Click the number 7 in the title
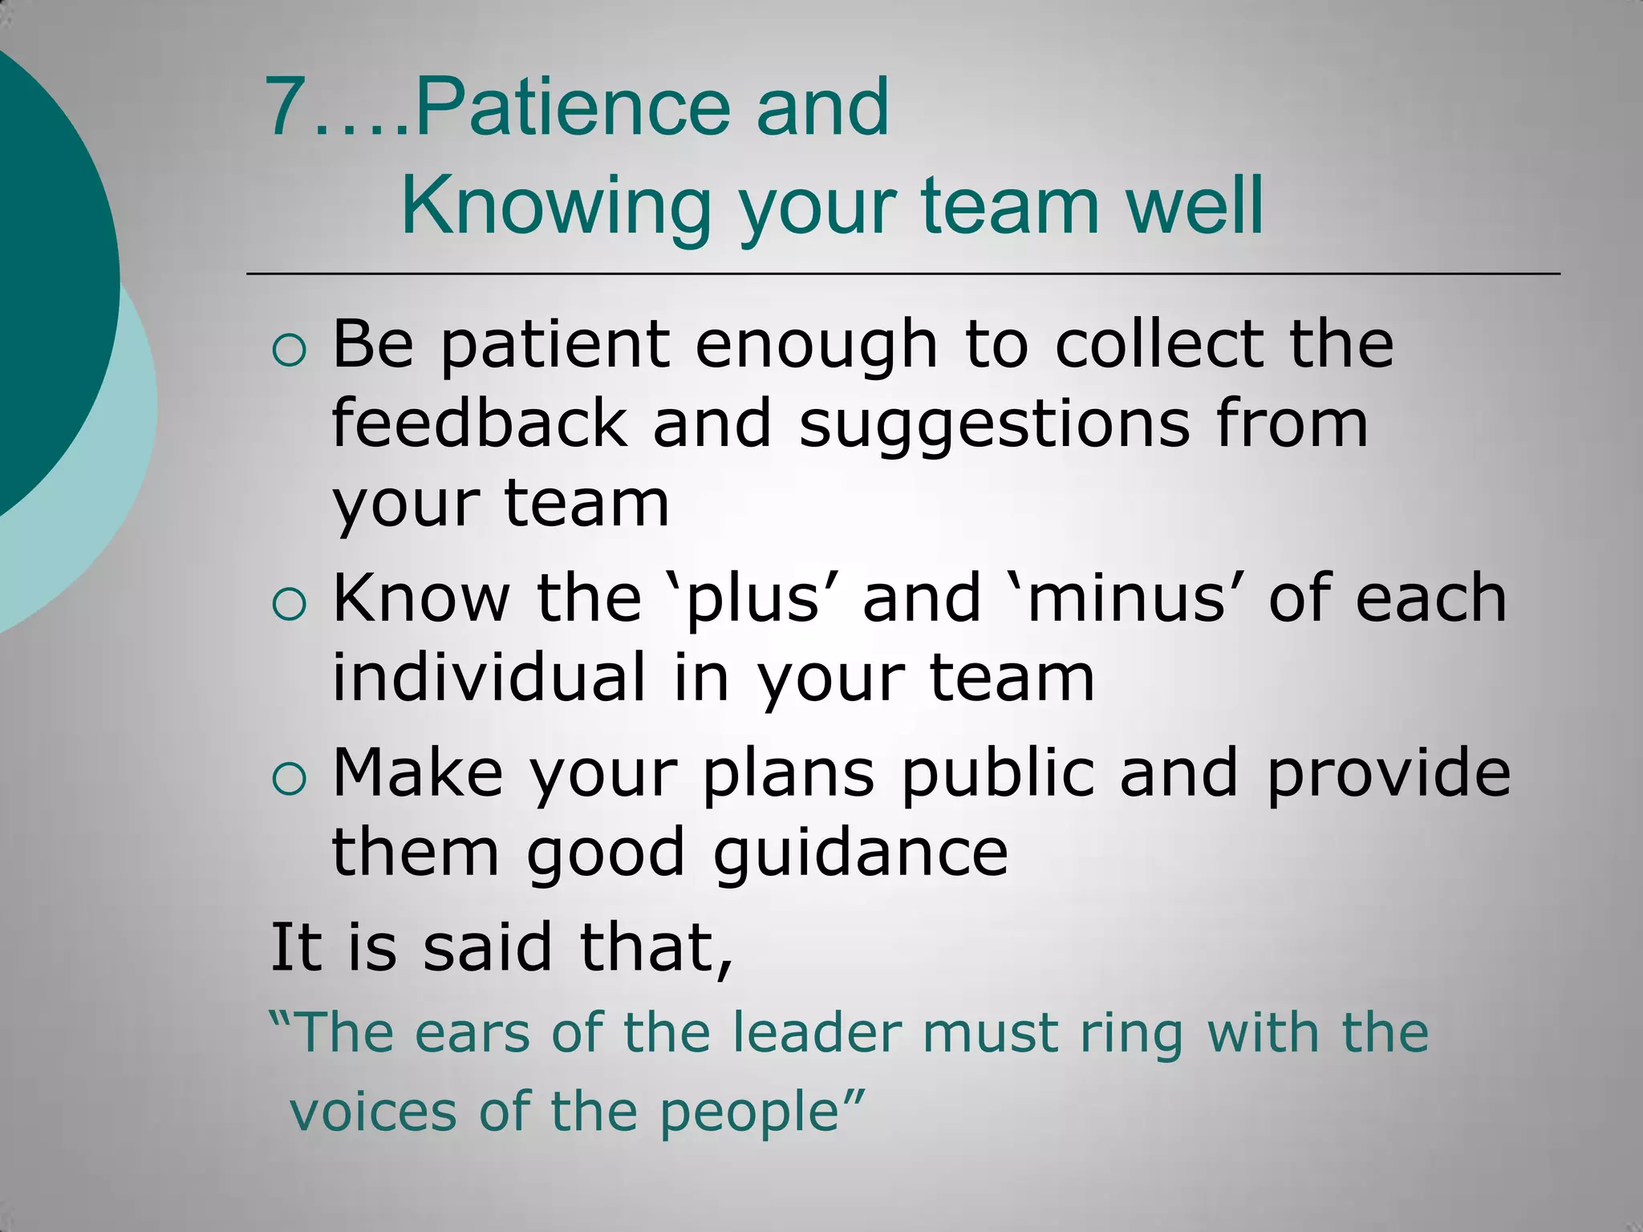[287, 107]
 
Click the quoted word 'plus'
[752, 600]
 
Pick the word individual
[489, 678]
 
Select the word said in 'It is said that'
[488, 947]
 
